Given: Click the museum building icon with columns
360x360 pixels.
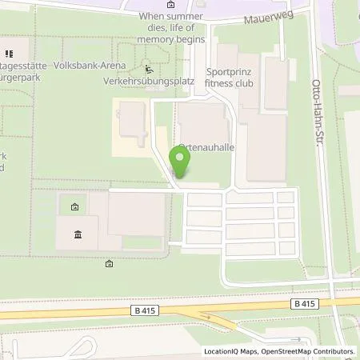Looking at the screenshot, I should click(x=78, y=234).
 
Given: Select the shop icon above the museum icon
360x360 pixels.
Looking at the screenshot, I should click(x=74, y=207).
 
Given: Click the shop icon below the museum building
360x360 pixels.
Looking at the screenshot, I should click(x=109, y=263).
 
